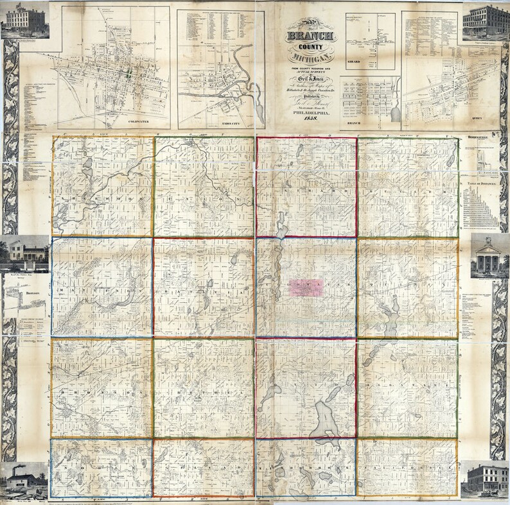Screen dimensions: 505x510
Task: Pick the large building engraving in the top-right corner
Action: point(486,22)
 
